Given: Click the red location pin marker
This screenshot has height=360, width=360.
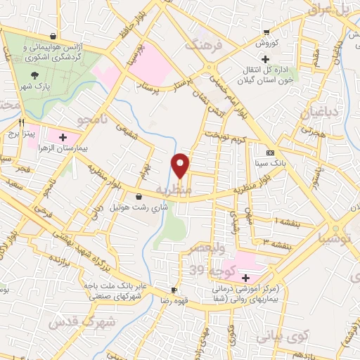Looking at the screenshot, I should [181, 165].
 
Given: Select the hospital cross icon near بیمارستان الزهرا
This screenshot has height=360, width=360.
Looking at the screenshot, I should [63, 137].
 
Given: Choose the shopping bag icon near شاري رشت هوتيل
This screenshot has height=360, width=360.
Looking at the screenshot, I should [137, 196].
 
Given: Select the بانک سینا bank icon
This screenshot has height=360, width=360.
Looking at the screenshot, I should [270, 153].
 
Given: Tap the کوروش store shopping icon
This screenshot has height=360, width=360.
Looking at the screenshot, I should [266, 32].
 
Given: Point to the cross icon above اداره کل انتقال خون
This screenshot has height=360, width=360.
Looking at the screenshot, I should [264, 58].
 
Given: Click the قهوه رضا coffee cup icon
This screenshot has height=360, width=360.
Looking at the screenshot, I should [173, 290].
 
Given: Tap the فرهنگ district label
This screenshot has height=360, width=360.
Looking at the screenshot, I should [202, 46].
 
